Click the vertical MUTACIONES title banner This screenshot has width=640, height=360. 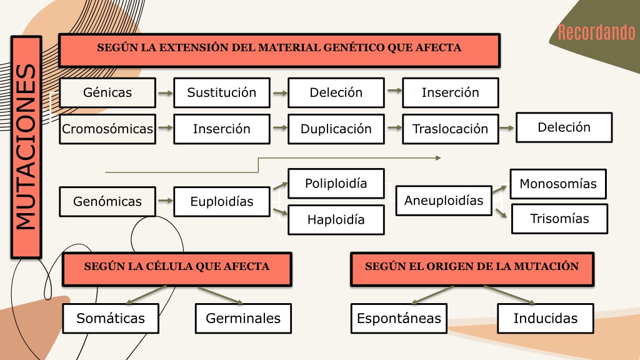click(26, 147)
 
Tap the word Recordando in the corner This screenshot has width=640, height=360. click(596, 32)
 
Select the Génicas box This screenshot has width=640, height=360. click(107, 92)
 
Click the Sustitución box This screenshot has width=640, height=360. click(222, 92)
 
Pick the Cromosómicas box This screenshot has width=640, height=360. click(107, 129)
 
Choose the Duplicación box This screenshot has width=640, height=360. click(336, 129)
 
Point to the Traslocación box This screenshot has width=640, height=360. click(451, 129)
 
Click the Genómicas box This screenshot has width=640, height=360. click(107, 202)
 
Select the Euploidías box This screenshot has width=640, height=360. click(222, 202)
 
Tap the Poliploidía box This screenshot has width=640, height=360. click(336, 184)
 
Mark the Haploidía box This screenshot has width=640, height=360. click(336, 220)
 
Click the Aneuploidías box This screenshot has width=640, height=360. click(444, 201)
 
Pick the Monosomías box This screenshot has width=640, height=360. click(558, 184)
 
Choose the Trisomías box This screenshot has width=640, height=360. click(559, 219)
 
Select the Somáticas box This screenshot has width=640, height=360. click(111, 318)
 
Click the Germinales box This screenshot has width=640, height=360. click(243, 318)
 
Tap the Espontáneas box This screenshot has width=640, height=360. click(399, 318)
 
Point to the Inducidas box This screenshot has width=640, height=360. click(546, 318)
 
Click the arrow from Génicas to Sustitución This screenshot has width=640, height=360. click(165, 94)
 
